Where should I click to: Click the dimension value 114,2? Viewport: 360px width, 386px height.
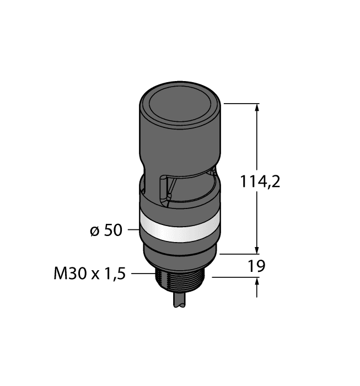tap(260, 181)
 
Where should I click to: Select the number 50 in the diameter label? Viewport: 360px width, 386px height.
tap(113, 230)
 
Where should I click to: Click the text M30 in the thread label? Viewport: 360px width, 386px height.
tap(68, 274)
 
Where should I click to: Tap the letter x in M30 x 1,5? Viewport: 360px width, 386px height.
tap(92, 275)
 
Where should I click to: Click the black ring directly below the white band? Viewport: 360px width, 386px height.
tap(180, 248)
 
